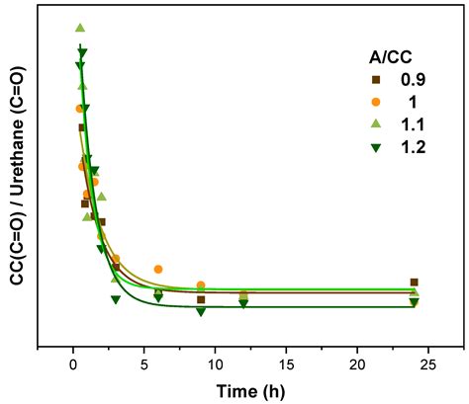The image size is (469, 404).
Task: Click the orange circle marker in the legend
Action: pyautogui.click(x=348, y=102)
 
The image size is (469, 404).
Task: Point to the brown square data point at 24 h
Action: pyautogui.click(x=414, y=283)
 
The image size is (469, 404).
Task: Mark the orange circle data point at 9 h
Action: pyautogui.click(x=201, y=285)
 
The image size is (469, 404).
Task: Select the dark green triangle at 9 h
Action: pyautogui.click(x=201, y=311)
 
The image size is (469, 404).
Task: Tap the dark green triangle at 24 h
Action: pyautogui.click(x=414, y=302)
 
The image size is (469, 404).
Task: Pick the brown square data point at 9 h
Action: pyautogui.click(x=201, y=299)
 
